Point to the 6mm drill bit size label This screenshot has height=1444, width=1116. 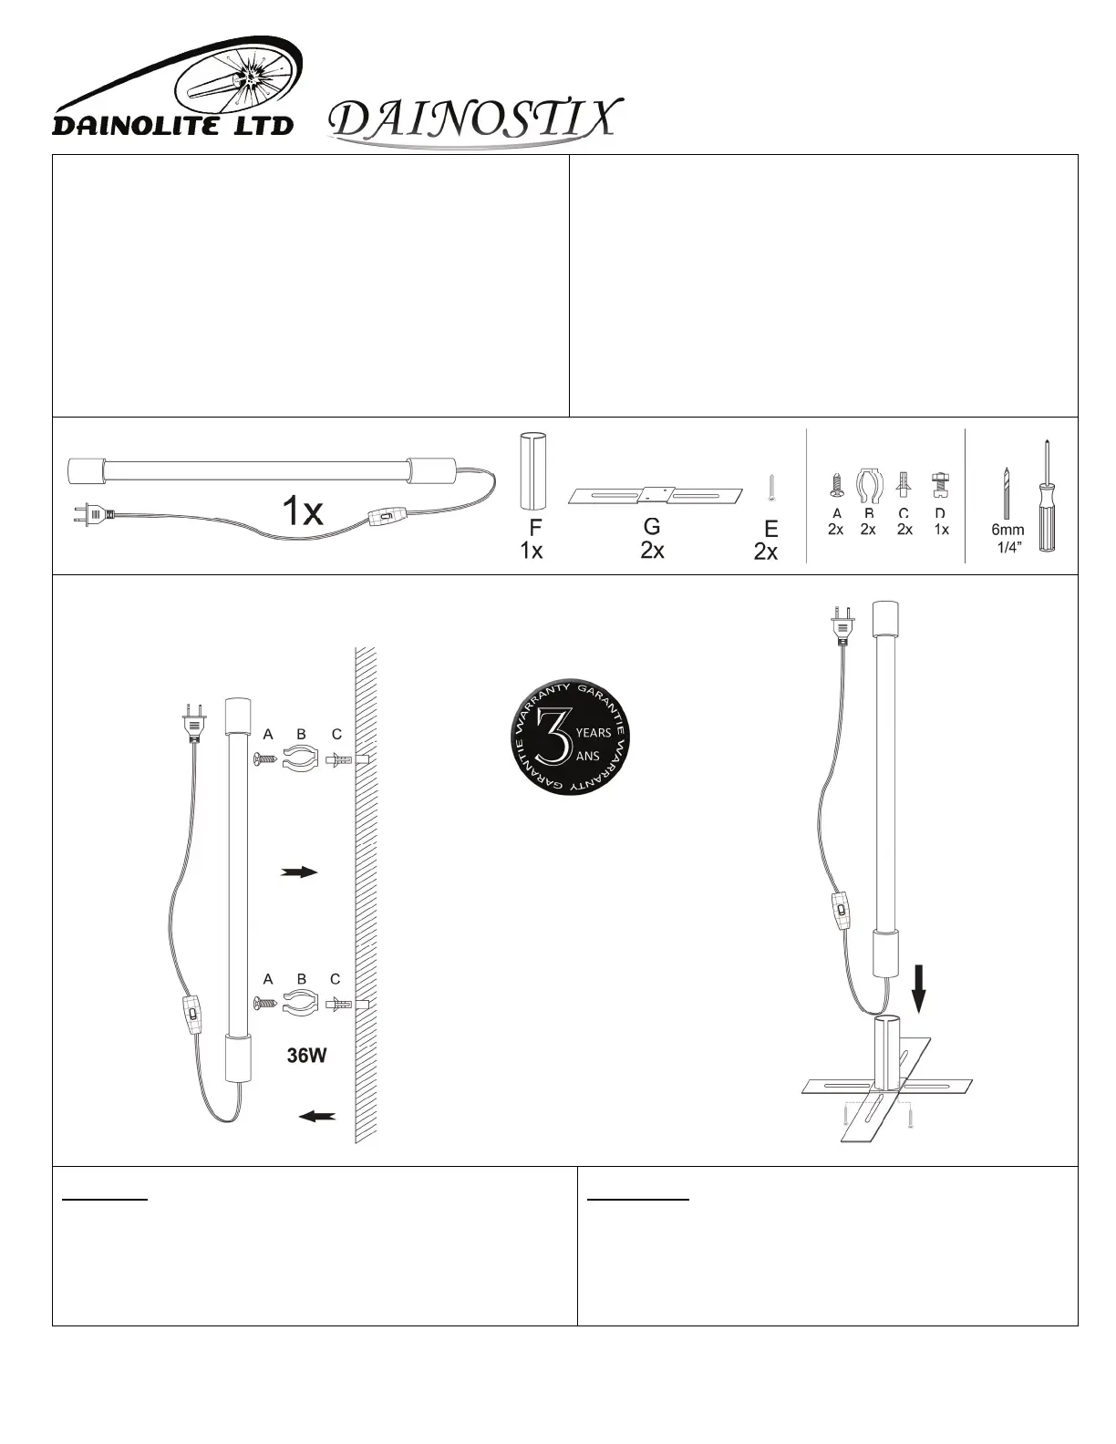pos(1007,530)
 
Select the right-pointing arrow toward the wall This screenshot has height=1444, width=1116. pos(299,872)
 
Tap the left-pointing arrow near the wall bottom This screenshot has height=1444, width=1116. pos(316,1116)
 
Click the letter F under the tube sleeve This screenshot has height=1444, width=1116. pos(535,528)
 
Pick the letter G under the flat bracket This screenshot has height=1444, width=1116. pos(652,527)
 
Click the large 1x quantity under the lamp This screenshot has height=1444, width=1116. pos(301,512)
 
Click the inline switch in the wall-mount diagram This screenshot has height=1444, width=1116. pos(191,1015)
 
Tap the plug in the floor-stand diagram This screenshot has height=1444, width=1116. pos(840,630)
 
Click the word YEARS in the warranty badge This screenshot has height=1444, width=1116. pos(594,733)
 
